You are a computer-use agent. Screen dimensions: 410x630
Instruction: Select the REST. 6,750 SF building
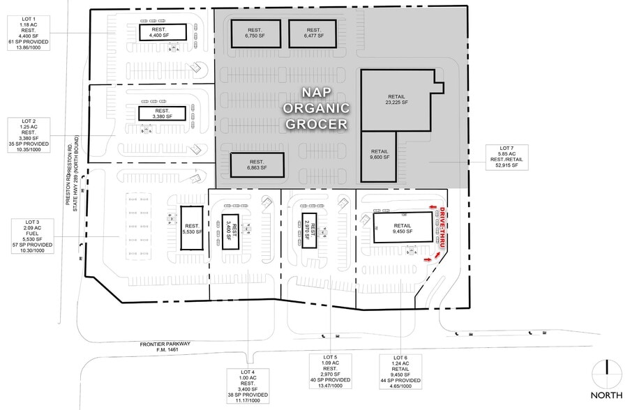pyautogui.click(x=253, y=33)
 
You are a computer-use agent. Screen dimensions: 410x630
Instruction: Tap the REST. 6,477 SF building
pyautogui.click(x=313, y=33)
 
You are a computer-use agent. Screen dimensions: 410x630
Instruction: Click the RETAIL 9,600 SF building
pyautogui.click(x=380, y=155)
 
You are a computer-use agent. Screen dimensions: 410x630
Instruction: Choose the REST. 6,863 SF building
pyautogui.click(x=257, y=165)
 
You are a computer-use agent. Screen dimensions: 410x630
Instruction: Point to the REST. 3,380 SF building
pyautogui.click(x=163, y=114)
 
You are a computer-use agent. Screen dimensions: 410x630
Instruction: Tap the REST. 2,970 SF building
pyautogui.click(x=313, y=230)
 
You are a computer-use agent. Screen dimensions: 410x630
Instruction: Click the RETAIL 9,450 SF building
pyautogui.click(x=403, y=227)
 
